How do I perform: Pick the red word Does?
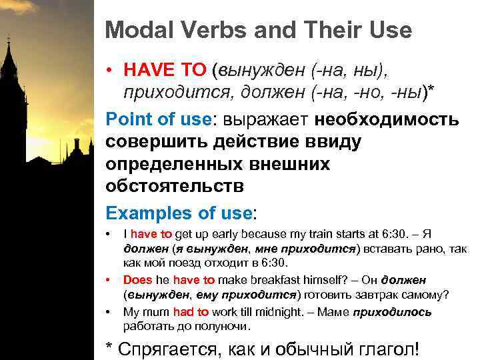138,280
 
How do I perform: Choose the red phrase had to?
191,312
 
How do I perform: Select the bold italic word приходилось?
392,312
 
